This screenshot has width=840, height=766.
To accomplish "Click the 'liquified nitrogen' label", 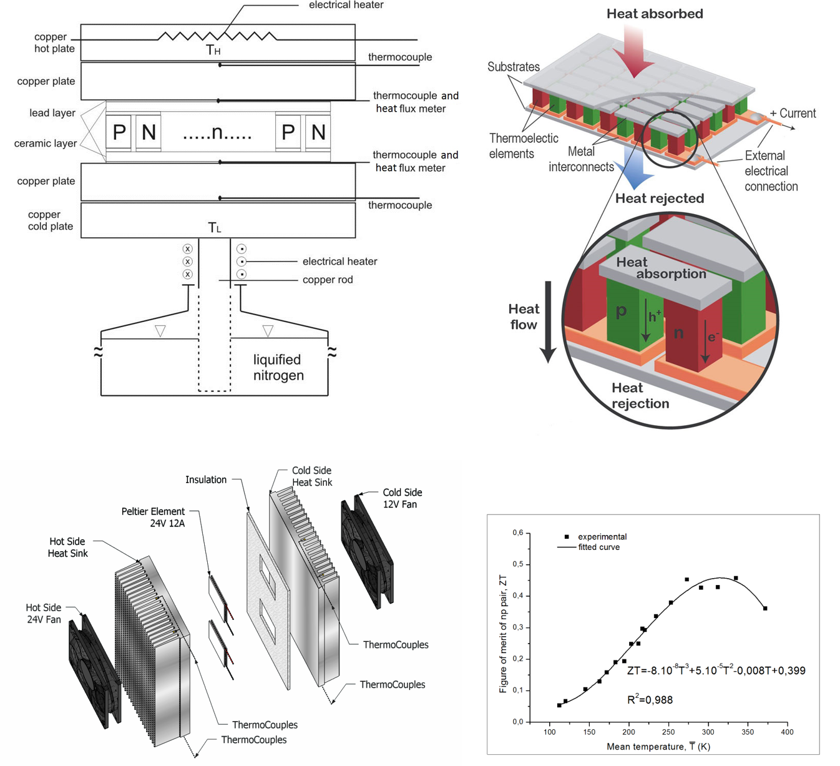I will tap(278, 368).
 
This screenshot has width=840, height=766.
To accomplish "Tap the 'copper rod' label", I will tap(328, 280).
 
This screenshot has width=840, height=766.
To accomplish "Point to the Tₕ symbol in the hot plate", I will tap(213, 50).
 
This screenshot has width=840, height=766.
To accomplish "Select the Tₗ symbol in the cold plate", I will tap(214, 228).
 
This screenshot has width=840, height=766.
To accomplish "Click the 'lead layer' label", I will tap(52, 113).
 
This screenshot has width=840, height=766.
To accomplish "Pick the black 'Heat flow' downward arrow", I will tap(548, 322).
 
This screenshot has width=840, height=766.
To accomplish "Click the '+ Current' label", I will tap(793, 114).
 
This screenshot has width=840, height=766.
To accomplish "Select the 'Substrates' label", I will tap(514, 67).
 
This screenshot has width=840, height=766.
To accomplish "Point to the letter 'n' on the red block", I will tap(678, 333).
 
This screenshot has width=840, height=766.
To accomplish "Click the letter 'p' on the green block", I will tap(621, 310).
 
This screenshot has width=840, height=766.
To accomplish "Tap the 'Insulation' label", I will tap(206, 479).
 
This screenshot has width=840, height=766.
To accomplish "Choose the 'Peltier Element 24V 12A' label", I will tap(154, 518).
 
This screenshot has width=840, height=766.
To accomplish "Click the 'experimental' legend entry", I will tap(602, 537).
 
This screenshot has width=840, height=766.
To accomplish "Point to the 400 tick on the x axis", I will tap(788, 732).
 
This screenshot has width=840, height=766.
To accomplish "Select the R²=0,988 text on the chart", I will tap(650, 700).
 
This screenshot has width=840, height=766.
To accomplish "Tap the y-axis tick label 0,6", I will tap(518, 533).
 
